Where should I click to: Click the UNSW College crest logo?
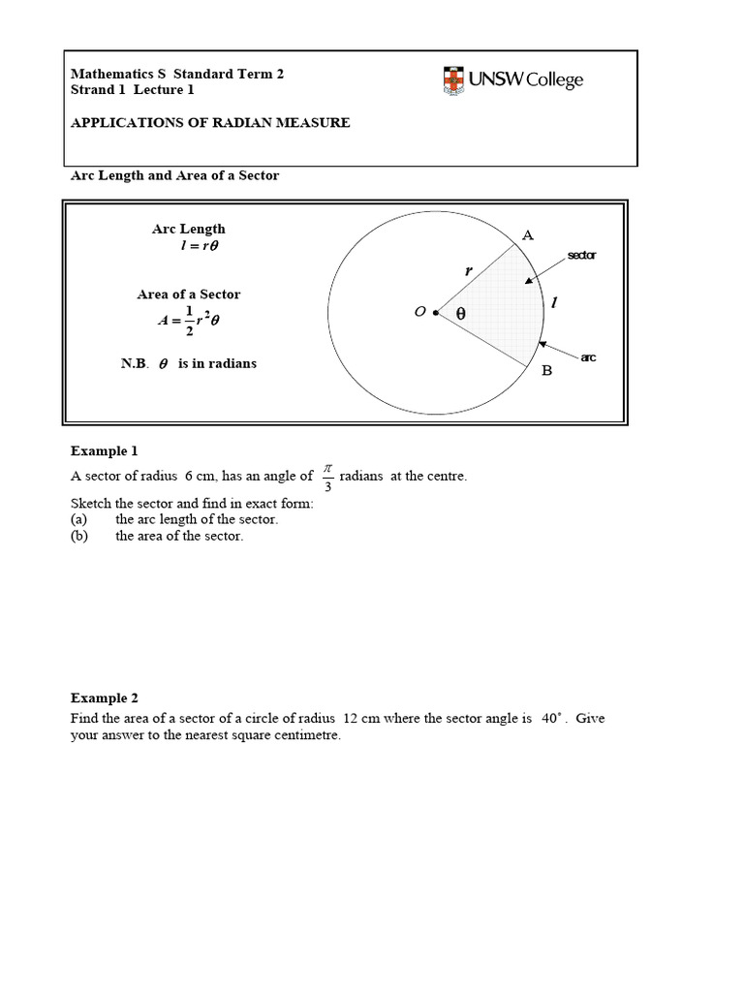click(x=453, y=80)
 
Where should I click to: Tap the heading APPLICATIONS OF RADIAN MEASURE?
click(x=210, y=123)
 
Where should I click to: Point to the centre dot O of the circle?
click(x=435, y=312)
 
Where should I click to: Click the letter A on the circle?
click(x=528, y=235)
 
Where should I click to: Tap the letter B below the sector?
click(x=546, y=371)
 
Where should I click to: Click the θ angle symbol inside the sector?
click(x=460, y=314)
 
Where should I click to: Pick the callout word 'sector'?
click(x=582, y=256)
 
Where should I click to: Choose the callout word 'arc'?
click(x=588, y=358)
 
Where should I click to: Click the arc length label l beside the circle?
click(x=554, y=303)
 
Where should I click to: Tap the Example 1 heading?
click(x=105, y=451)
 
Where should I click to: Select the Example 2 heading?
click(x=105, y=698)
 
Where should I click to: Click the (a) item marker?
click(x=79, y=519)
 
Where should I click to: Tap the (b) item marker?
click(x=79, y=537)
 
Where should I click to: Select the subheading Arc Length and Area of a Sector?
click(x=174, y=175)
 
